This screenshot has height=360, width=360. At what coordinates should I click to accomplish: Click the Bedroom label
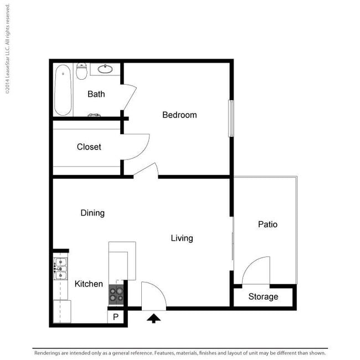[179, 115]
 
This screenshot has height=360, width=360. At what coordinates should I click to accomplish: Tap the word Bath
[96, 94]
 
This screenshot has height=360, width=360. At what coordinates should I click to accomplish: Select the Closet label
[89, 147]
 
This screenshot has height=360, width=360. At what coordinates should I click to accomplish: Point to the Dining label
[92, 213]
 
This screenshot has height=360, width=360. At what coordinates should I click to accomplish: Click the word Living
[182, 238]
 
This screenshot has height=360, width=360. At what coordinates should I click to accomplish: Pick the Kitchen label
[89, 284]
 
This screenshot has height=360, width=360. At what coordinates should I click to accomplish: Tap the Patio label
[268, 224]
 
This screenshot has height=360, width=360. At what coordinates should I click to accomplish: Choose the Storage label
[263, 296]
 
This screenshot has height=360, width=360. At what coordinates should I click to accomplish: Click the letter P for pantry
[116, 317]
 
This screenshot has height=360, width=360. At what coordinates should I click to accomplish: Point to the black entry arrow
[153, 318]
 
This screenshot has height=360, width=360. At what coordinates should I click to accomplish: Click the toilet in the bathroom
[81, 71]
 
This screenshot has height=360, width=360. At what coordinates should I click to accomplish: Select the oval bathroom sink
[105, 69]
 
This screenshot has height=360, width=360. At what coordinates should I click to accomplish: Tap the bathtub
[63, 90]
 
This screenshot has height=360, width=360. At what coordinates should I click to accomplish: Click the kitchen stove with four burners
[116, 295]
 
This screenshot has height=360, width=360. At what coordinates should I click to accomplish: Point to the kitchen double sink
[60, 269]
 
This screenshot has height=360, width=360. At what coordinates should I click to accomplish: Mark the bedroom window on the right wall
[232, 119]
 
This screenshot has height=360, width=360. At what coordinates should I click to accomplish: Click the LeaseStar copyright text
[7, 49]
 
